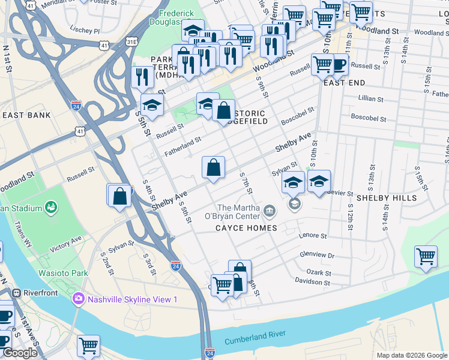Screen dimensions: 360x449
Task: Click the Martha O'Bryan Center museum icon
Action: tap(269, 211)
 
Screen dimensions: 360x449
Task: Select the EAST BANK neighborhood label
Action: tap(25, 115)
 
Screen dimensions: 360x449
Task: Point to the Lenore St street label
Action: tap(312, 236)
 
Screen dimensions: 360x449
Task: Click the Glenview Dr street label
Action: tap(317, 255)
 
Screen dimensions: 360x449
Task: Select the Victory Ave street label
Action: tap(66, 244)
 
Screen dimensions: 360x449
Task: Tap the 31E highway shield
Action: tap(131, 41)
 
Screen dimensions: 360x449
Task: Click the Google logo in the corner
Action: tap(19, 353)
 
